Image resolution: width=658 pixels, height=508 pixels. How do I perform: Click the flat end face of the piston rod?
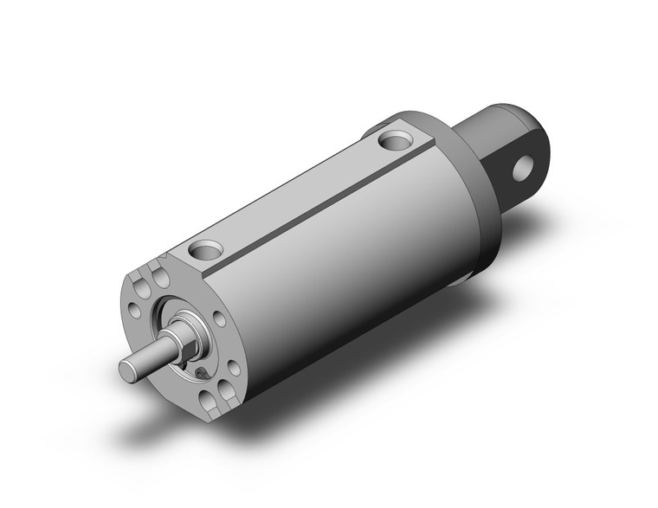pyautogui.click(x=126, y=370)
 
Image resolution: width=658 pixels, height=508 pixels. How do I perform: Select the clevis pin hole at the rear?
pyautogui.click(x=522, y=167)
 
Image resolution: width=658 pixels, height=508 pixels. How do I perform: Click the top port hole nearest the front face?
pyautogui.click(x=205, y=250)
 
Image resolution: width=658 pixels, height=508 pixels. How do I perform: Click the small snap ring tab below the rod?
pyautogui.click(x=200, y=371)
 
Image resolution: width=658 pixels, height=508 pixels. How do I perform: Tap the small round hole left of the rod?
pyautogui.click(x=136, y=306)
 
